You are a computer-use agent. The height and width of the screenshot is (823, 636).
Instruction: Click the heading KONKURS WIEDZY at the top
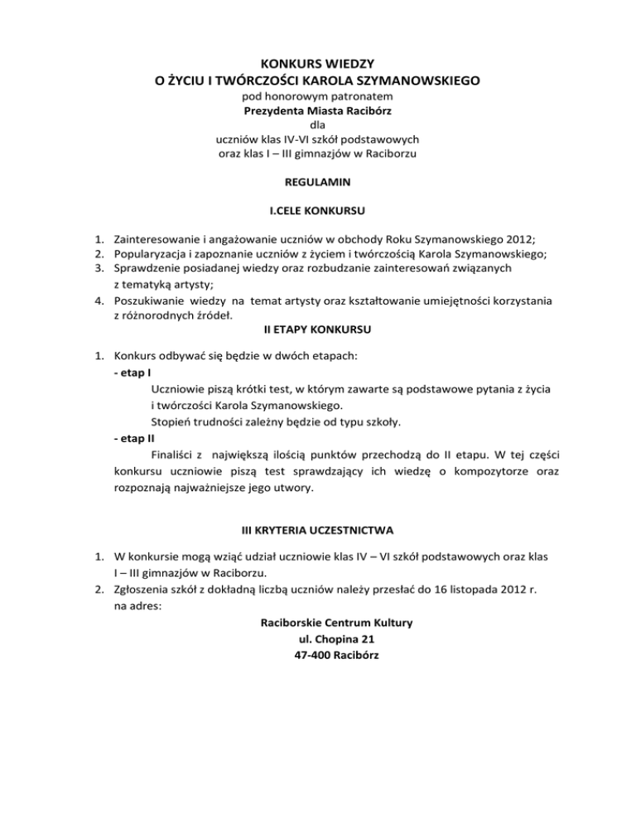pos(318,63)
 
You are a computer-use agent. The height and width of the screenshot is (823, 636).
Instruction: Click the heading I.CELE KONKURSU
pos(318,209)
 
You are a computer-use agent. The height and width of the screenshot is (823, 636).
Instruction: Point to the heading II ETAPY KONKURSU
pos(318,330)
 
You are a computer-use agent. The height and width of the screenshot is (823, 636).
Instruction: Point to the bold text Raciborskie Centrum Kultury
pos(318,621)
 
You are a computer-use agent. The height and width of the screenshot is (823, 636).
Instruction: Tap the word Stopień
pos(173,421)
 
